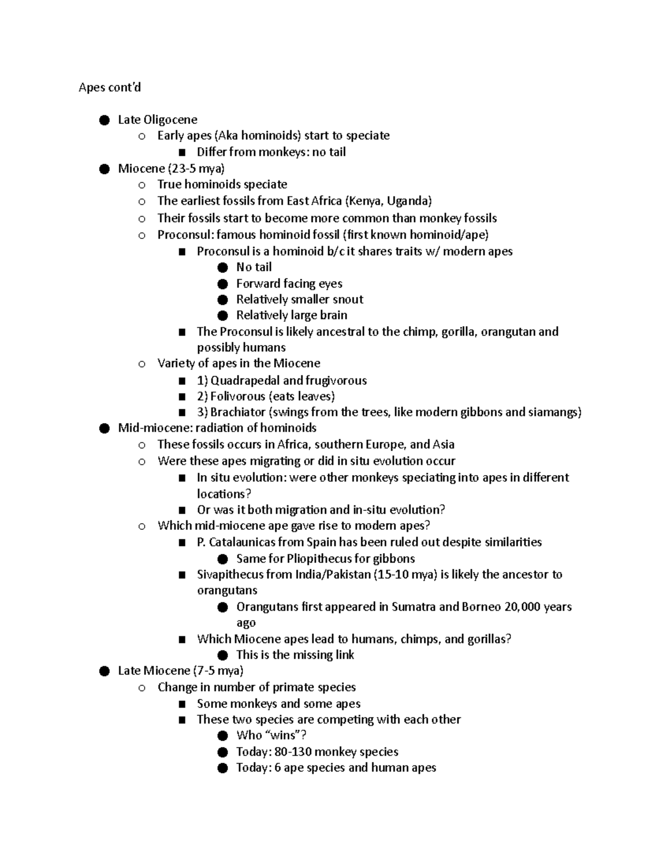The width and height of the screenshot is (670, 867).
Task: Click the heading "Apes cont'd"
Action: pyautogui.click(x=109, y=87)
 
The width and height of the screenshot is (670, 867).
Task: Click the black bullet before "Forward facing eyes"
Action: pyautogui.click(x=223, y=284)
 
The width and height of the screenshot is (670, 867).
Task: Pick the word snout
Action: pyautogui.click(x=348, y=299)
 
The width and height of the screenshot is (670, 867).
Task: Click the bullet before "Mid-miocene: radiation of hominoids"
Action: pyautogui.click(x=104, y=428)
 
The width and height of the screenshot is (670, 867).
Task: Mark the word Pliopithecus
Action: pyautogui.click(x=319, y=559)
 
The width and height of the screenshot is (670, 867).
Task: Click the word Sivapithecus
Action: pyautogui.click(x=231, y=574)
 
